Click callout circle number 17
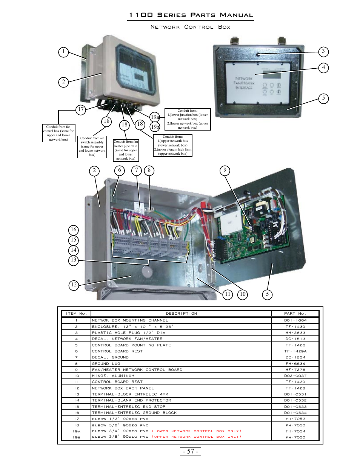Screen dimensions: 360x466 tap(81, 110)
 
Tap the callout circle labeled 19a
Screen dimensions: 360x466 tap(155, 117)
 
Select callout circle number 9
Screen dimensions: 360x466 tap(225, 170)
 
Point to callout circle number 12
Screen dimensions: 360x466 tap(74, 285)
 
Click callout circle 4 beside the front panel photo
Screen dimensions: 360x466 tap(323, 68)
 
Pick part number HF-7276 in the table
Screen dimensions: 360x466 tap(295, 370)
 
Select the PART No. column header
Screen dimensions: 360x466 tap(295, 314)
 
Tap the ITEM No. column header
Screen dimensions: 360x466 tap(76, 314)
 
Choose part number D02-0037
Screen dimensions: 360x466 tap(295, 376)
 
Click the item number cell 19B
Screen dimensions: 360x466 tap(76, 437)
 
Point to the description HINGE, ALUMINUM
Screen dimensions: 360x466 tap(113, 376)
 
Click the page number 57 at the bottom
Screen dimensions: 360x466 tap(190, 451)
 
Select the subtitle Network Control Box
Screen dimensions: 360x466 tap(190, 27)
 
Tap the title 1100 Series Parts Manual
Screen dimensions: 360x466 tap(191, 15)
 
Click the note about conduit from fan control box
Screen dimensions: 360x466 tap(58, 133)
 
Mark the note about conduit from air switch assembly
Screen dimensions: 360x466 tap(92, 146)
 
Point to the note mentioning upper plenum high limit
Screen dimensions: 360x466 tap(173, 145)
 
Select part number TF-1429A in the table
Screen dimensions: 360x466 tap(295, 351)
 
